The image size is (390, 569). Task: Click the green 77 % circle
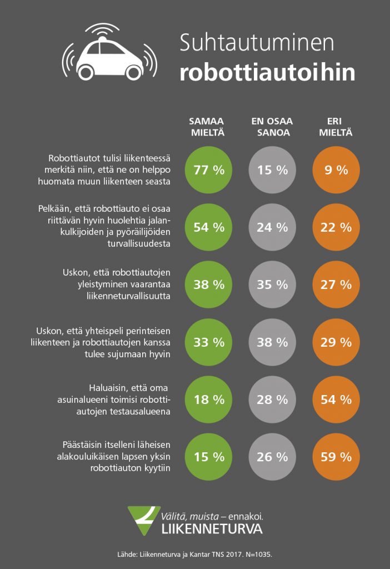[208, 170]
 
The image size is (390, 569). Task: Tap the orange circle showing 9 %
[336, 170]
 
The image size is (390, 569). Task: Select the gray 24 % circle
[272, 227]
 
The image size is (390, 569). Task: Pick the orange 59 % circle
[336, 457]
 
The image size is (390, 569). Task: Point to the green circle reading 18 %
[208, 400]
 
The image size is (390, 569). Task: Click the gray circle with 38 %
[272, 342]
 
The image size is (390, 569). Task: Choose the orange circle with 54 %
[336, 400]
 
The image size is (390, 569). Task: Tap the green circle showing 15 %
[208, 457]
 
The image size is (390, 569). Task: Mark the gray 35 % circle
[272, 284]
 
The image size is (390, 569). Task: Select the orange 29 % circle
[336, 342]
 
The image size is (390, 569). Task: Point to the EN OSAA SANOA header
[272, 127]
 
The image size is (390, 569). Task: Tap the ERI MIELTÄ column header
[336, 127]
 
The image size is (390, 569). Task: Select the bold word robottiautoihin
[267, 73]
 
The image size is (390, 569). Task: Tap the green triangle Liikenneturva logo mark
[143, 520]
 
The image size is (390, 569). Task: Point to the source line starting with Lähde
[194, 555]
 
